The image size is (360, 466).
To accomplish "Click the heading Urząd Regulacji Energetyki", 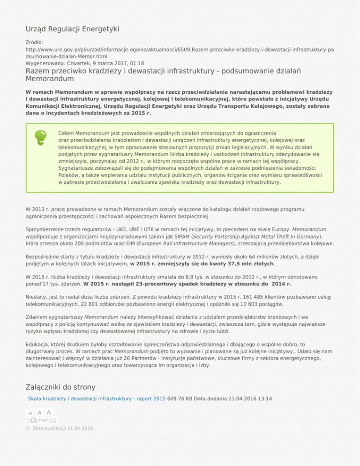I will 72,29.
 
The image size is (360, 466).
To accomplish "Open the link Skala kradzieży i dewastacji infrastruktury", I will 97,398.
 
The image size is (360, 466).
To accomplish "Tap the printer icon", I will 33,421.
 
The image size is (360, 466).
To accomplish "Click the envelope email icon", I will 53,421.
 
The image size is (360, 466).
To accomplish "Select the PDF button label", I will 43,421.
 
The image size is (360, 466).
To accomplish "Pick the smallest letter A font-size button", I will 30,413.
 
